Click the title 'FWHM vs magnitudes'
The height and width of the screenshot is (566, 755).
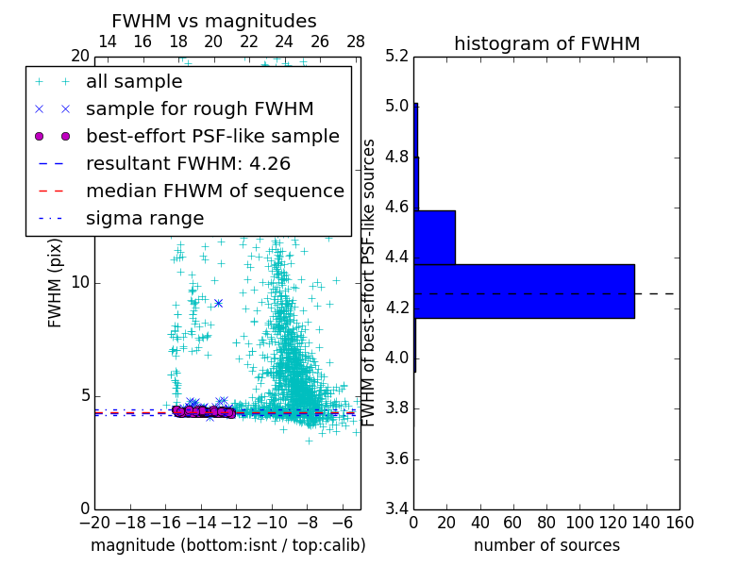[214, 21]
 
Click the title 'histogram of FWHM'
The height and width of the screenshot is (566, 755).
[546, 43]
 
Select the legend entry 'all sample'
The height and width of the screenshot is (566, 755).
[133, 82]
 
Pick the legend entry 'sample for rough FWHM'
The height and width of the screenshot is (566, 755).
[199, 108]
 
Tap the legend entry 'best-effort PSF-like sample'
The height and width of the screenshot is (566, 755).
[212, 136]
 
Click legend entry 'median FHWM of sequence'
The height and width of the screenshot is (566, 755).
[214, 191]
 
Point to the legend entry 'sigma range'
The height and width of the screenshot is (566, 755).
[144, 218]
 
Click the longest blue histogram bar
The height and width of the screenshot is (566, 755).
[524, 291]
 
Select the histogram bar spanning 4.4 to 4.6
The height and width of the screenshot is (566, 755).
[434, 238]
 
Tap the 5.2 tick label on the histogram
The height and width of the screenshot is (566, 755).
[397, 56]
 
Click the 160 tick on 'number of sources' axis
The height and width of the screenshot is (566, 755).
[679, 523]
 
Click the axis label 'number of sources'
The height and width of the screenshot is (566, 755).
[546, 545]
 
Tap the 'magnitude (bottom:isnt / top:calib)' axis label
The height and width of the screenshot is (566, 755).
[227, 545]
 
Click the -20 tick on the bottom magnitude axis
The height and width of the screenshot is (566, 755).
[94, 523]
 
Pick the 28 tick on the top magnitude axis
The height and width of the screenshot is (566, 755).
[356, 42]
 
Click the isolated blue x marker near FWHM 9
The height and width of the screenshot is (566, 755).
[218, 303]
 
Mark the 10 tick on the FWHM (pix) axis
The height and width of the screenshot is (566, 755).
[81, 282]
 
